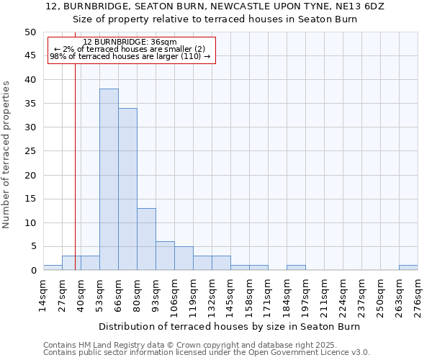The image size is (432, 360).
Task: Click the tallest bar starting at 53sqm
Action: point(109,179)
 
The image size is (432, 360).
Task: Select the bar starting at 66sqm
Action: point(127,189)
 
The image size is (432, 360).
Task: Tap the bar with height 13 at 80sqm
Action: point(146,239)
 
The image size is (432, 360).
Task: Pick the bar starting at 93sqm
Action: point(165,256)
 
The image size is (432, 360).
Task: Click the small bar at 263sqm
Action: point(408,268)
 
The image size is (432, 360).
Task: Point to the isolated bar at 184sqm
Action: point(296,268)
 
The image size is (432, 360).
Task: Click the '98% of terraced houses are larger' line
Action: point(130,56)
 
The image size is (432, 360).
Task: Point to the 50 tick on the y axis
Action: point(30,32)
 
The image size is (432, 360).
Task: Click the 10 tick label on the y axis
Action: point(30,222)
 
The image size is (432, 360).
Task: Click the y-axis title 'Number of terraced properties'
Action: point(7,154)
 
